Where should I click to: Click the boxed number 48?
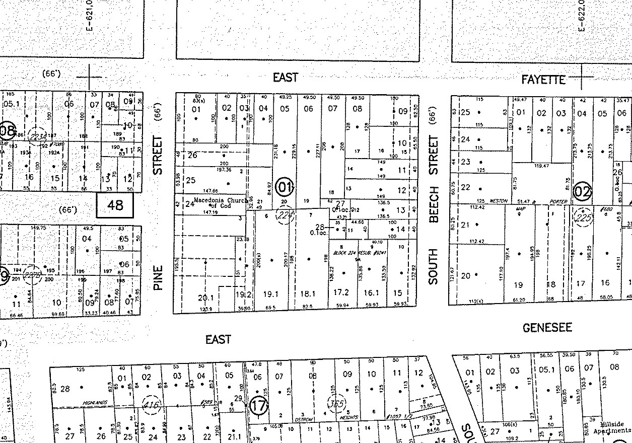click(x=115, y=205)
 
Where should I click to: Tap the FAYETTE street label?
click(x=543, y=80)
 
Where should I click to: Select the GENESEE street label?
click(x=547, y=328)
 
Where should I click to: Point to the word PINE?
click(x=159, y=278)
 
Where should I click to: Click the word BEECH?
click(x=434, y=204)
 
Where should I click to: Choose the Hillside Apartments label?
click(x=611, y=427)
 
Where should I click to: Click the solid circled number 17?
click(x=258, y=405)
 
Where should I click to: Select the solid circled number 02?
click(x=583, y=191)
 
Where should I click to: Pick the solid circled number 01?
click(x=286, y=188)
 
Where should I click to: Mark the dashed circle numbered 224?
click(x=285, y=216)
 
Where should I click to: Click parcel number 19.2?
click(x=244, y=294)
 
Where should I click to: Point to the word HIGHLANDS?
click(x=97, y=402)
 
